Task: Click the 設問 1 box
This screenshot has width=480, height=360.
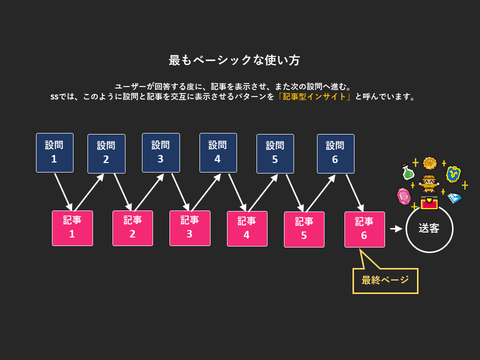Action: [55, 152]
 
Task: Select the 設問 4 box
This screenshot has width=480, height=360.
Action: [218, 152]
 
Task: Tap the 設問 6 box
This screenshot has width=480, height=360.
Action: [335, 153]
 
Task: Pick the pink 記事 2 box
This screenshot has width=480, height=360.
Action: [132, 228]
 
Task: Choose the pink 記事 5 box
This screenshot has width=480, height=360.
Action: [304, 229]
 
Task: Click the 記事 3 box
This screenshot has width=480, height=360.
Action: [189, 228]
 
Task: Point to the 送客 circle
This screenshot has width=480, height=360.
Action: [429, 228]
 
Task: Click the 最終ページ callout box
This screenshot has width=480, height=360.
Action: [385, 280]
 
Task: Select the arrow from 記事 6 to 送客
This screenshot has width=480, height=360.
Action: [396, 228]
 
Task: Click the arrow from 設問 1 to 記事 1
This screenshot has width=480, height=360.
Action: [64, 192]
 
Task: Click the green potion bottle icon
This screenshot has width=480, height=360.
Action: [408, 172]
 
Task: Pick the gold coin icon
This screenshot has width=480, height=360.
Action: [429, 163]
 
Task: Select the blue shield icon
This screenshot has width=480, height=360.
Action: [453, 173]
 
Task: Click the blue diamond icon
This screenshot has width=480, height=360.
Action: [454, 198]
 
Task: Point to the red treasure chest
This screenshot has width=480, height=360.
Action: [429, 202]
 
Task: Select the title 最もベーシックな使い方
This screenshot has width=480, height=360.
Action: [234, 60]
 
